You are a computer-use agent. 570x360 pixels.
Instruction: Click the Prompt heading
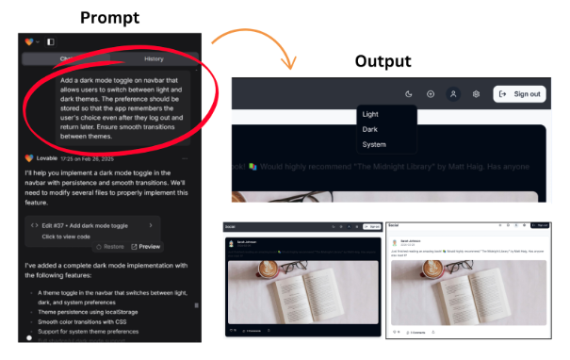pos(111,17)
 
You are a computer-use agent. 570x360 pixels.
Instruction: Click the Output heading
pos(383,61)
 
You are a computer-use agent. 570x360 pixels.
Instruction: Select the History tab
pos(153,58)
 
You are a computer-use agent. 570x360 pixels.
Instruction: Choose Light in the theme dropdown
pos(370,114)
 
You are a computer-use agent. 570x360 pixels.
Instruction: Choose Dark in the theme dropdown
pos(370,129)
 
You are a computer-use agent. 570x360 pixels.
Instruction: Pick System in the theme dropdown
pos(374,144)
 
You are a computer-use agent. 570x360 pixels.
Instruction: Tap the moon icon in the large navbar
pos(409,94)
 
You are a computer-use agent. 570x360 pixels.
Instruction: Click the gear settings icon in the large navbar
pos(477,94)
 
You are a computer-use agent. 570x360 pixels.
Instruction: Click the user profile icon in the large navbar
pos(453,94)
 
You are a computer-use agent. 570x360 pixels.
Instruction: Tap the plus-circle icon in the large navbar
pos(431,94)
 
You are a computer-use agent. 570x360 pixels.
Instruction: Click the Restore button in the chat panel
pos(108,246)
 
